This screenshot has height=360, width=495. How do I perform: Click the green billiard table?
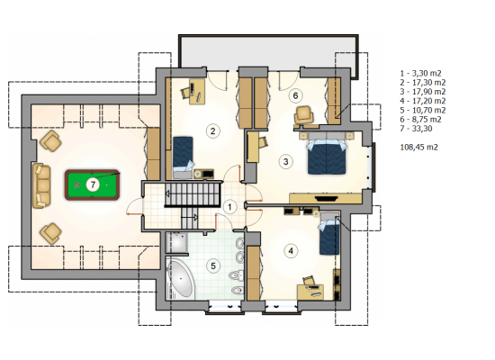click(x=92, y=184)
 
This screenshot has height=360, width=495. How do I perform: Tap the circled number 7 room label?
click(x=93, y=184)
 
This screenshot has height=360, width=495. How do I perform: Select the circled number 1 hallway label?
click(x=229, y=207)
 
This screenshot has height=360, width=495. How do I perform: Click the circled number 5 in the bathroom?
click(x=213, y=265)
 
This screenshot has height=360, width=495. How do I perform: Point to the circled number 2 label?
click(x=212, y=130)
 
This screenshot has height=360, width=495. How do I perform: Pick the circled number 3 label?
click(x=285, y=162)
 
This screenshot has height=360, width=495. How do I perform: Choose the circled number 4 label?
click(x=291, y=251)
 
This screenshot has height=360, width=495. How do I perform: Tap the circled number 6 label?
click(x=295, y=95)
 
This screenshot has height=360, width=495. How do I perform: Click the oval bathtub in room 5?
click(x=180, y=279)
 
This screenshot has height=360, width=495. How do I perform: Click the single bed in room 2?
click(x=183, y=157)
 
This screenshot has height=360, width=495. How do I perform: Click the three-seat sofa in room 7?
click(x=41, y=185)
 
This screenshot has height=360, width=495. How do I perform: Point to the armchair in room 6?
click(x=303, y=115)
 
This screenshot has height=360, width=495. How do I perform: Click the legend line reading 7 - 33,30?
click(x=416, y=129)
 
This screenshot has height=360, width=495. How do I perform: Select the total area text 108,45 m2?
click(x=418, y=148)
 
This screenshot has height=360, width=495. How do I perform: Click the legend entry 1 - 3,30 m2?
click(x=420, y=73)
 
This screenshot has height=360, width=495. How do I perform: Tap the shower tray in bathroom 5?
click(x=176, y=242)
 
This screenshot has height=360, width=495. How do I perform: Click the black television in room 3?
click(x=327, y=199)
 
